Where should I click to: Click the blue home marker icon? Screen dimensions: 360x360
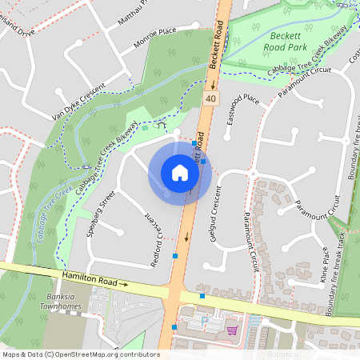click(x=180, y=172)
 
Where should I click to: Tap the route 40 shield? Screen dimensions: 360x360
click(x=210, y=98)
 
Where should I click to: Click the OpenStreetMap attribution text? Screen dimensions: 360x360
click(x=81, y=354)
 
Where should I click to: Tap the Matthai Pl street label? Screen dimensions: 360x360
click(x=133, y=13)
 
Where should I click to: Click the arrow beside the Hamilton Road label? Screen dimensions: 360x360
click(x=123, y=283)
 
